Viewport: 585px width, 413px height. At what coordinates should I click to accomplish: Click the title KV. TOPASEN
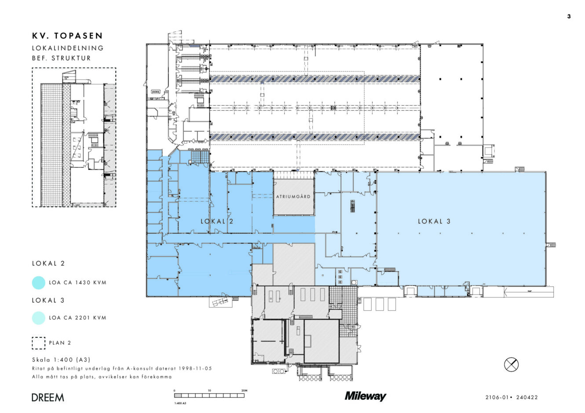(x=67, y=36)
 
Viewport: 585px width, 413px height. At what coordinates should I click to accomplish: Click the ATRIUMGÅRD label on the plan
(x=293, y=196)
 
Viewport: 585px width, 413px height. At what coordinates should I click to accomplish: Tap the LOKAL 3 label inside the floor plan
(x=434, y=221)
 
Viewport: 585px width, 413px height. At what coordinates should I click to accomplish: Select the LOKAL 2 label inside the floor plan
(x=217, y=221)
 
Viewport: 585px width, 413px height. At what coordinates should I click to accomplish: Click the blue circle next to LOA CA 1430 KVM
(x=39, y=283)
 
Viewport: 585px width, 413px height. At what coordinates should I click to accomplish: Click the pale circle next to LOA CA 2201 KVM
(x=39, y=318)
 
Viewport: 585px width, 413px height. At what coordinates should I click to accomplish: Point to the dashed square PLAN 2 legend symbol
(x=39, y=343)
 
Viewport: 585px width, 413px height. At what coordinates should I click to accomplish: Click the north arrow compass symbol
(x=511, y=364)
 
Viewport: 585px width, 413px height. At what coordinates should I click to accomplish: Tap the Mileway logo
(x=365, y=396)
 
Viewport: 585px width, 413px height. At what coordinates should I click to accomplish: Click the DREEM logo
(x=48, y=398)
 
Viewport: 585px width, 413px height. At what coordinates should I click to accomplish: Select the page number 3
(x=569, y=17)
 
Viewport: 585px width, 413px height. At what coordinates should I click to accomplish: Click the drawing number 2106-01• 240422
(x=511, y=398)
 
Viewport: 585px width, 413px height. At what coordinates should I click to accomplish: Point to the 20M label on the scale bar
(x=245, y=390)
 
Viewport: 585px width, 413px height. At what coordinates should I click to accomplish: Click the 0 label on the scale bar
(x=175, y=390)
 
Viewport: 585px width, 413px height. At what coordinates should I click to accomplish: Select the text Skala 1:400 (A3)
(x=61, y=360)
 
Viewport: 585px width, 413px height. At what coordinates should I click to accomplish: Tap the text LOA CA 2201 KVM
(x=77, y=318)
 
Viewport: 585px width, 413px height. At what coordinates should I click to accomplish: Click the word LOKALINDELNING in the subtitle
(x=68, y=48)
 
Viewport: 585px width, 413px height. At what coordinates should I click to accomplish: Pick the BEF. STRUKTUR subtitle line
(x=62, y=58)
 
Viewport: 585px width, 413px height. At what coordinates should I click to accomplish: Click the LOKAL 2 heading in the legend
(x=48, y=264)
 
